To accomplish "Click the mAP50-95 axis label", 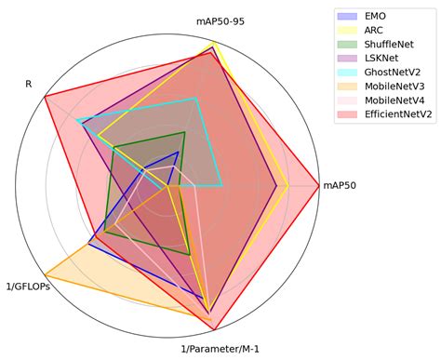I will coord(220,20).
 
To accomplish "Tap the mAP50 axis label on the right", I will coord(340,185).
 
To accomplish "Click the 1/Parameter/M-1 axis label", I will coord(220,349).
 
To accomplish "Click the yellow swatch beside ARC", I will coord(348,31).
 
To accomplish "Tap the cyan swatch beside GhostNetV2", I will coord(348,73).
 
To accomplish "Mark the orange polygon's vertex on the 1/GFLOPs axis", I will coord(45,277).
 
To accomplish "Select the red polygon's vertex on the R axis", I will coord(45,94).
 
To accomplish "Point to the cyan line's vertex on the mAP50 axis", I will coord(221,185).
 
